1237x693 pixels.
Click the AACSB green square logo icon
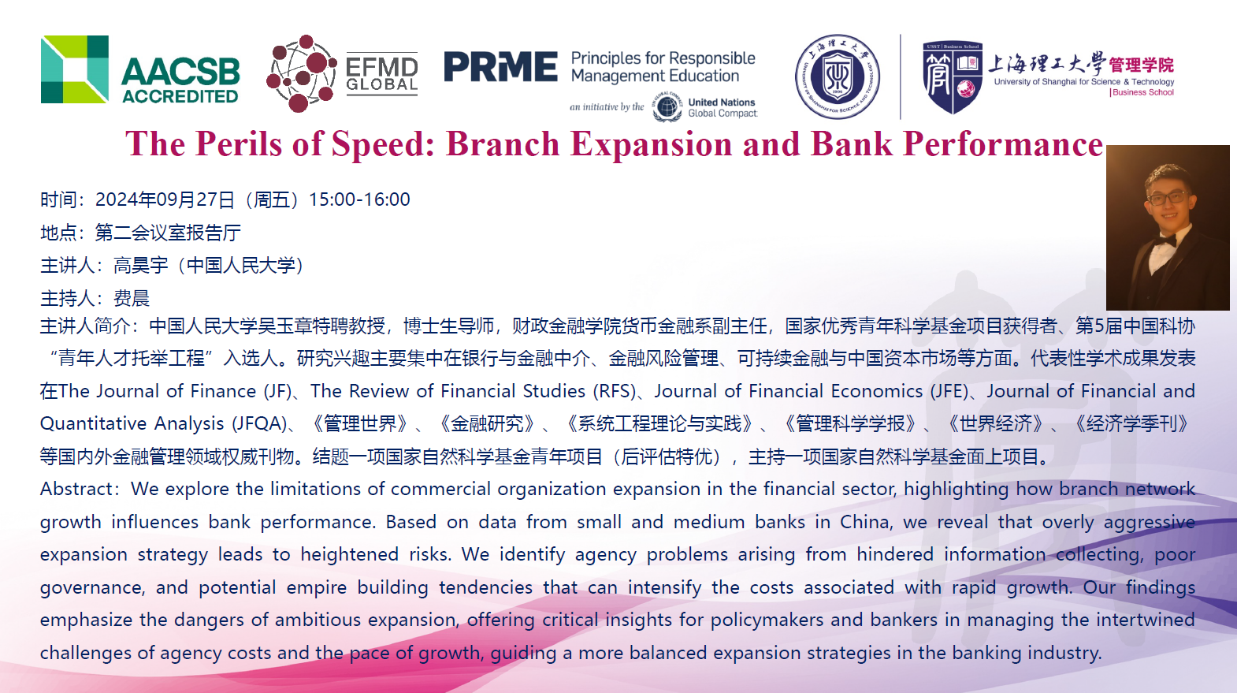click(x=75, y=69)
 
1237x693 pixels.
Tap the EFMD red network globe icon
click(x=301, y=73)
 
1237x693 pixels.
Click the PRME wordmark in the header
click(x=501, y=67)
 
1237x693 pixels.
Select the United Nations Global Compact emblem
click(x=667, y=106)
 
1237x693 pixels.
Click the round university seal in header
click(x=838, y=76)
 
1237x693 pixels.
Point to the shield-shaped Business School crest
click(x=953, y=76)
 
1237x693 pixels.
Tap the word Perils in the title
click(x=239, y=143)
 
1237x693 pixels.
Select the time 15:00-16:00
click(x=359, y=199)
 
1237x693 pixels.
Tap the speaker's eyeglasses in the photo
click(x=1169, y=197)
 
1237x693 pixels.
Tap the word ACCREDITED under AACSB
click(x=180, y=96)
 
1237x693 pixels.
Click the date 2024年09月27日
click(x=165, y=199)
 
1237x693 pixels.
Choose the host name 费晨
click(x=132, y=299)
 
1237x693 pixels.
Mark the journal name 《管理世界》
click(x=360, y=424)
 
